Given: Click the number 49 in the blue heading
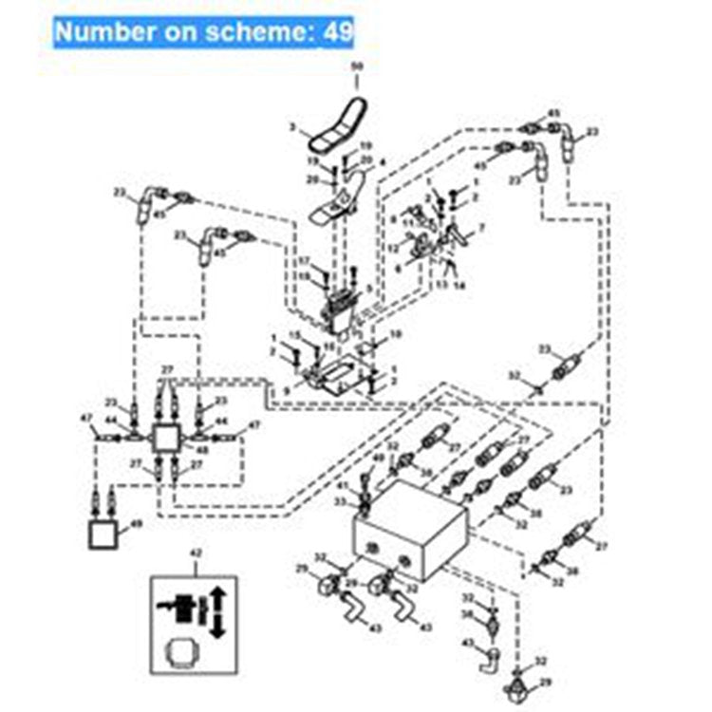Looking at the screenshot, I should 337,30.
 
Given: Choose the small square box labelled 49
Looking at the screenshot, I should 103,534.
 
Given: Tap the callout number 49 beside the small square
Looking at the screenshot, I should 136,523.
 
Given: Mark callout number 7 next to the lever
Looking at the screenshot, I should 481,229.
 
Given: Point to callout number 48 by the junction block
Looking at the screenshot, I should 200,449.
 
